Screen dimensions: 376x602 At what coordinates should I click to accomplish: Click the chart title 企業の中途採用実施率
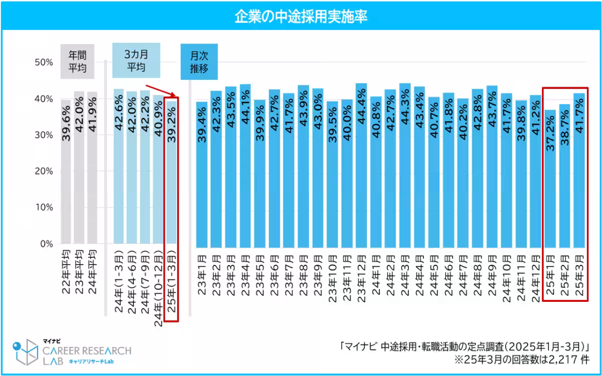[x=301, y=17]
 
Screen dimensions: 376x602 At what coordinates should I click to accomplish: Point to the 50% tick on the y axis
[x=43, y=62]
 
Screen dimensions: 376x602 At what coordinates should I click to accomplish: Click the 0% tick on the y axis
[x=46, y=244]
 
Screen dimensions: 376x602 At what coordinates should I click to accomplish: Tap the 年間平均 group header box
[x=77, y=62]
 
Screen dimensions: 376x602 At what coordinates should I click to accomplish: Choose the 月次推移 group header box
[x=199, y=62]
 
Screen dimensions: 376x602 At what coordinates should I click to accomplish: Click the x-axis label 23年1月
[x=201, y=276]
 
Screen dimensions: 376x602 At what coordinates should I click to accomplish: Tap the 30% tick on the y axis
[x=43, y=135]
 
